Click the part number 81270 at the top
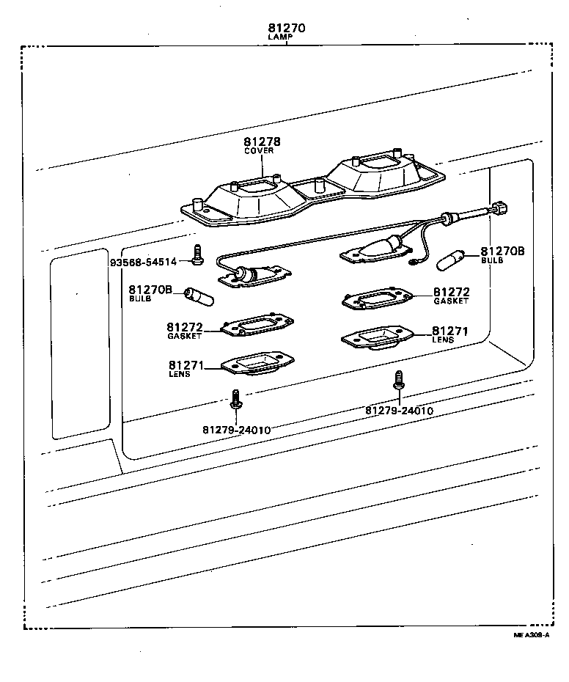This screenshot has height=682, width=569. (x=287, y=29)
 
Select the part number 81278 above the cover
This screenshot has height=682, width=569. (x=262, y=142)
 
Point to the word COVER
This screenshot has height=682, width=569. (x=259, y=151)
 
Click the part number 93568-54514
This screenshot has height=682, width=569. (x=143, y=262)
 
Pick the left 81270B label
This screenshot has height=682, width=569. (x=150, y=290)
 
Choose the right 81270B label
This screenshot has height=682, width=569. (x=502, y=251)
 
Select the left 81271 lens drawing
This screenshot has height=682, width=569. (x=257, y=364)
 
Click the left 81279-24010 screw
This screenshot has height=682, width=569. (x=237, y=399)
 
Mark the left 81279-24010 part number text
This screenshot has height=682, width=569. (x=237, y=429)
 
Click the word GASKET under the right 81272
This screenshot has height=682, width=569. (x=450, y=301)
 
